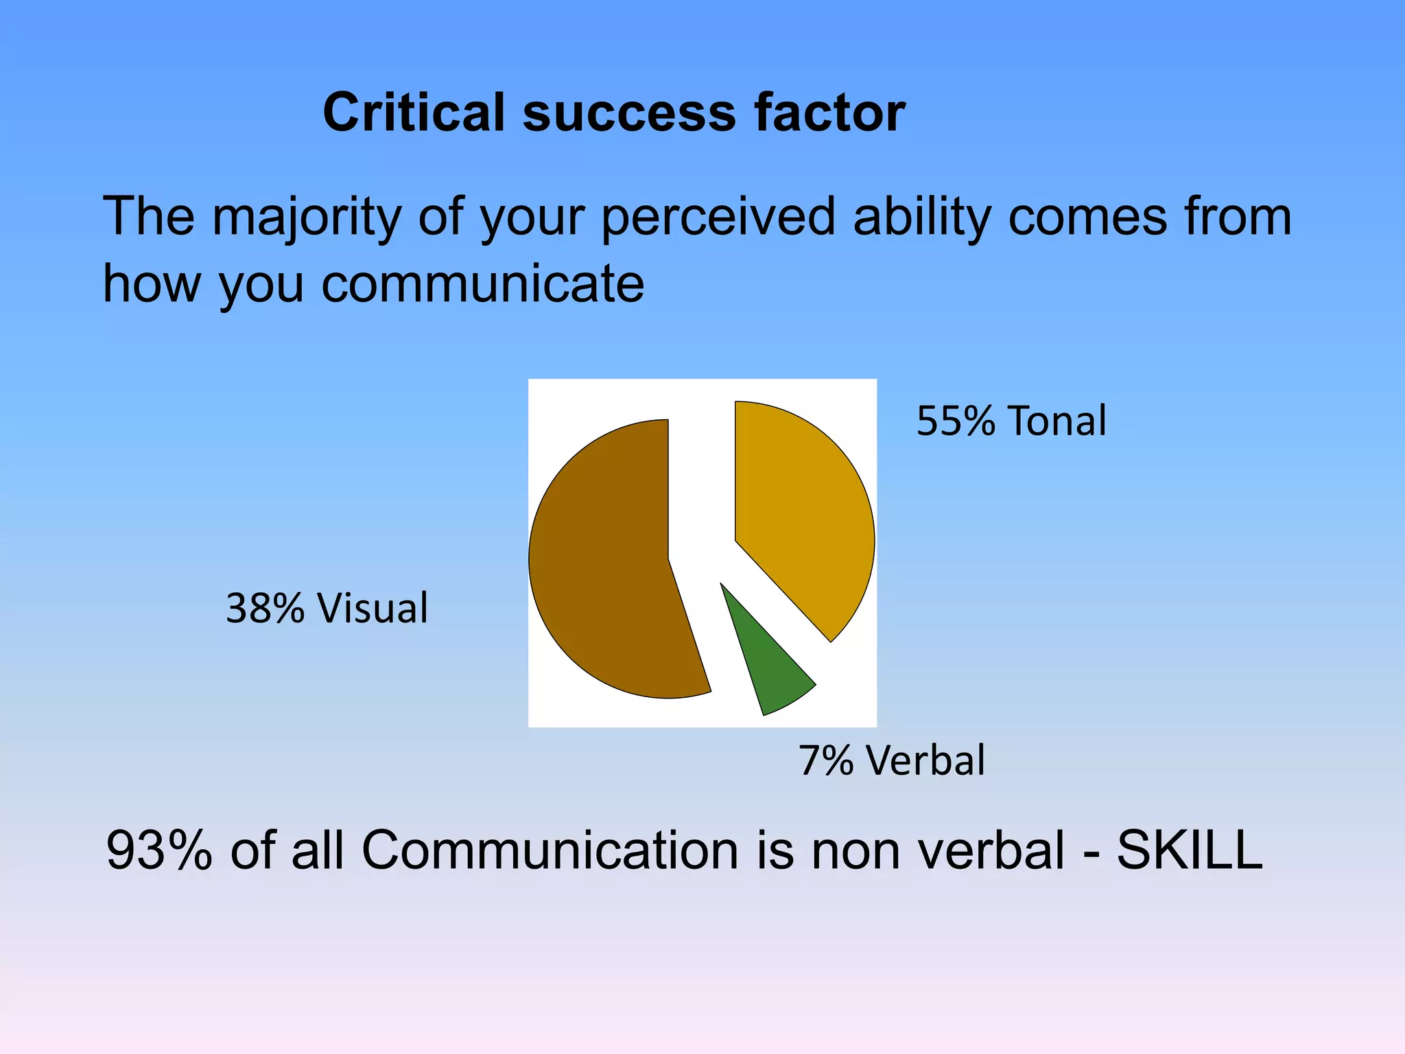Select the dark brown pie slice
[611, 563]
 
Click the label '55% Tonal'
[1011, 421]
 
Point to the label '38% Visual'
[327, 608]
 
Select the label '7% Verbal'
[892, 760]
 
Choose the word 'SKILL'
[1190, 851]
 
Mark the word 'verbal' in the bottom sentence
[991, 851]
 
